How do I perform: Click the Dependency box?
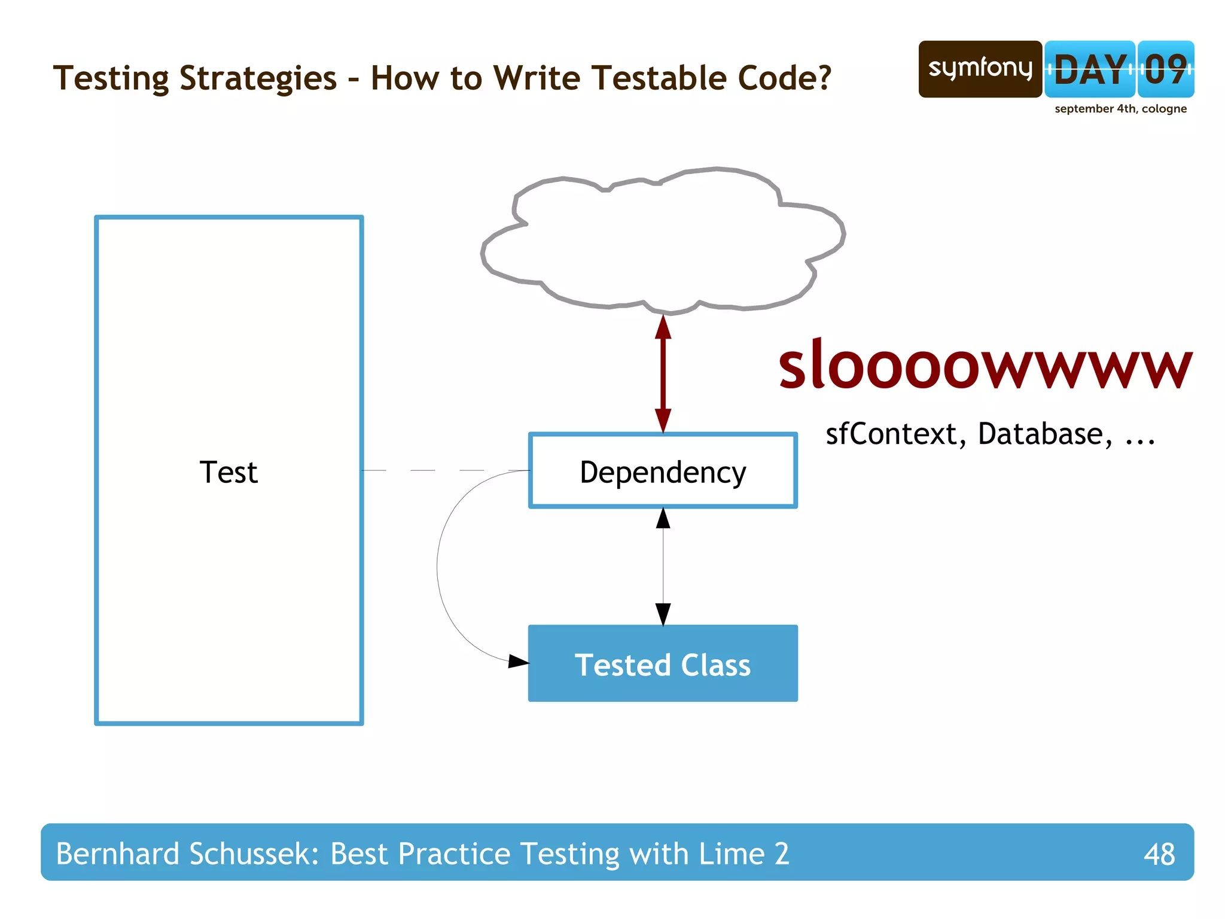[x=663, y=471]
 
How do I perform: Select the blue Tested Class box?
[x=663, y=664]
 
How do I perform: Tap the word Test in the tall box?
[x=228, y=472]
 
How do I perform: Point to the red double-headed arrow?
[x=663, y=374]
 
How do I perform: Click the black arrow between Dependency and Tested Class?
[x=663, y=566]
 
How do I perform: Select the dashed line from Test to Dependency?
[x=446, y=471]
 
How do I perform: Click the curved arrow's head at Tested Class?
[x=518, y=661]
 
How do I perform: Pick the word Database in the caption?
[x=1044, y=434]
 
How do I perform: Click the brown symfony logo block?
[x=980, y=69]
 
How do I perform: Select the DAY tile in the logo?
[x=1089, y=69]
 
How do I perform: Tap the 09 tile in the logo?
[x=1165, y=69]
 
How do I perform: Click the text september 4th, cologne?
[x=1120, y=109]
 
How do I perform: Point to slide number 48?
[x=1159, y=854]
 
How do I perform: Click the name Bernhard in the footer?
[x=117, y=853]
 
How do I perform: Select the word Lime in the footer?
[x=732, y=853]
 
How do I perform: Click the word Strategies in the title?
[x=258, y=78]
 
